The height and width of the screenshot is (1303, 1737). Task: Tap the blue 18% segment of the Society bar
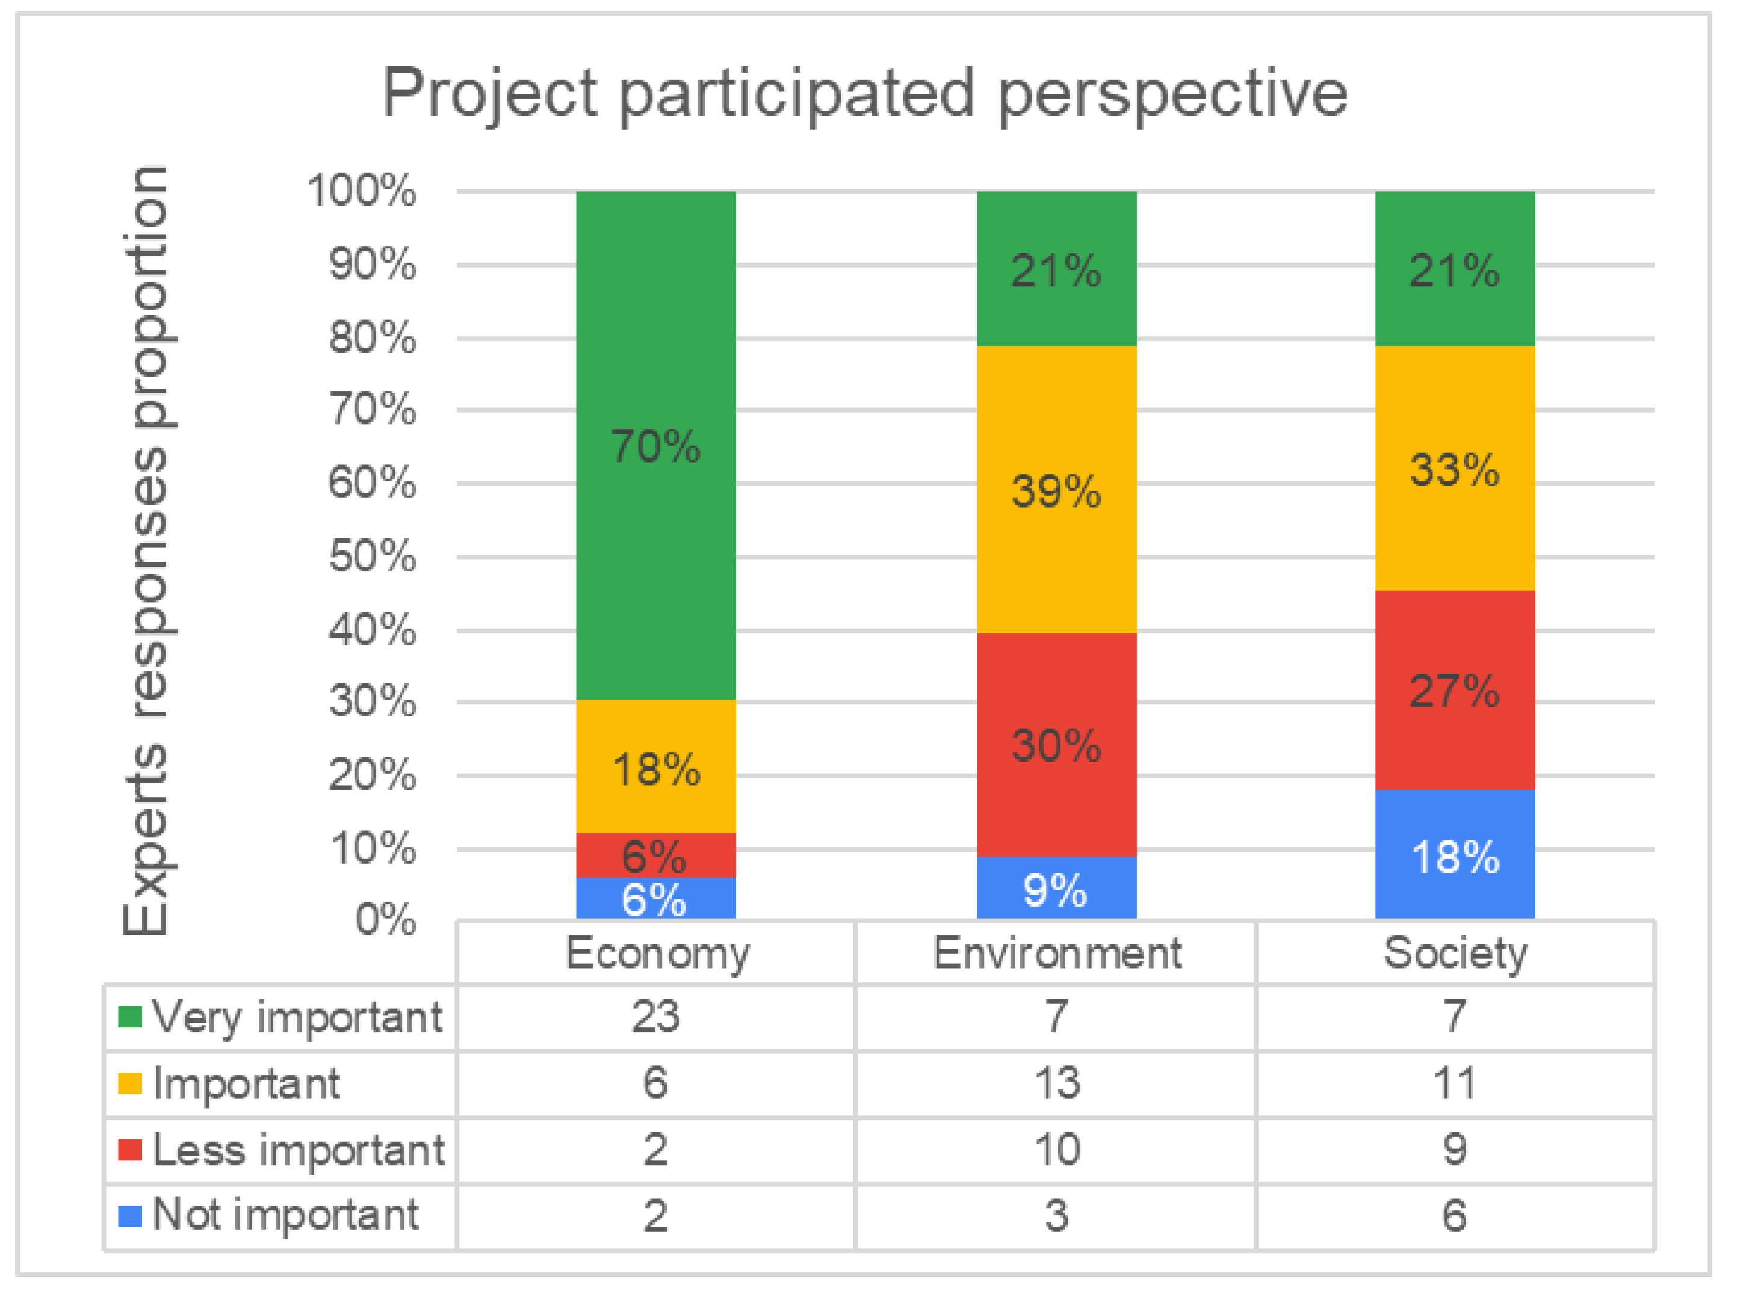click(x=1455, y=855)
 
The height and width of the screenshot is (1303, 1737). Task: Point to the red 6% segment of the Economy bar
click(x=655, y=854)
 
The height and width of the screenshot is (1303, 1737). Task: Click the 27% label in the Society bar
click(x=1455, y=691)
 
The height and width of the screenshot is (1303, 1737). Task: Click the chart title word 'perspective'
click(x=1173, y=94)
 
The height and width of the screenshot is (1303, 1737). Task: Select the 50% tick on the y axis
click(x=372, y=556)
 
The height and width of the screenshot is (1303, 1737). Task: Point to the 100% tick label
click(x=361, y=190)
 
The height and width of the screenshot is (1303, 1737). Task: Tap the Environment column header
click(x=1056, y=953)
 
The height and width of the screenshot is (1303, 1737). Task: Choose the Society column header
click(x=1455, y=953)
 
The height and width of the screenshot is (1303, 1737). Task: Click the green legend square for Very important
click(x=129, y=1017)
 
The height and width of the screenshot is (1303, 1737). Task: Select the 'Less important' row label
click(x=299, y=1150)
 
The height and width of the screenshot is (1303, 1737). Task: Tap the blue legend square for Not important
click(x=129, y=1216)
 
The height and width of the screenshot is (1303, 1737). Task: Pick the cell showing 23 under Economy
click(x=655, y=1017)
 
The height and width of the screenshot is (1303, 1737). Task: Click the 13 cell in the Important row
click(x=1056, y=1083)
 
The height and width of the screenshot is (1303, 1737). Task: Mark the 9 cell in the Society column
click(x=1455, y=1150)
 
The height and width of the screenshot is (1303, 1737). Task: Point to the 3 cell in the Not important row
click(x=1056, y=1216)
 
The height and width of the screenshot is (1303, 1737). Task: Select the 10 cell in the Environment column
click(x=1056, y=1150)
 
